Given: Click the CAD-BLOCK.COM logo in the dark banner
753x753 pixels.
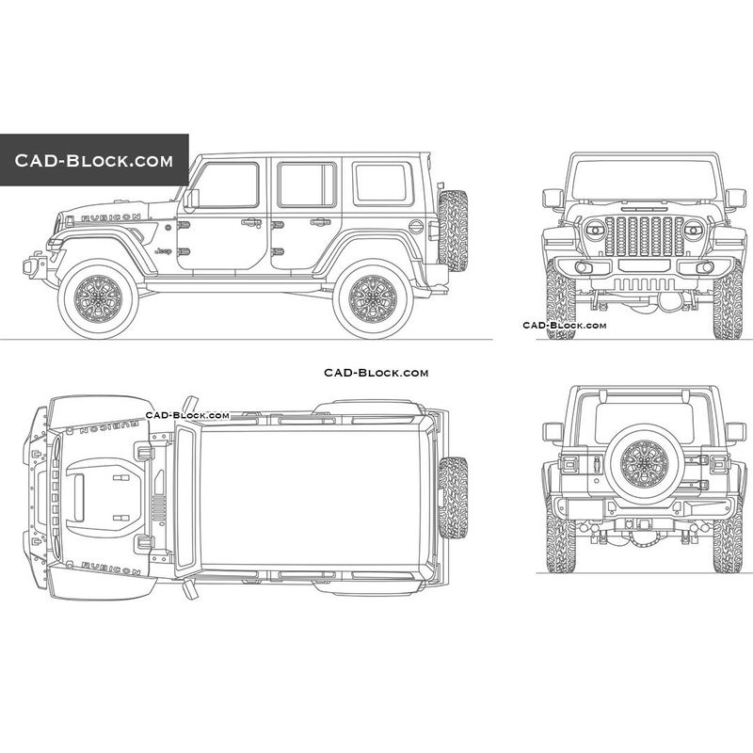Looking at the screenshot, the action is (93, 160).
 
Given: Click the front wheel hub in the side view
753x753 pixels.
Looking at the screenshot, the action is (98, 298).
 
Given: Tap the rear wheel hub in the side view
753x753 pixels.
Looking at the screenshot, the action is (373, 298).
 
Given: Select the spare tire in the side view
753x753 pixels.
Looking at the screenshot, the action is (453, 231).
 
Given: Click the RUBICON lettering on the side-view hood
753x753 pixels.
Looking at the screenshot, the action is (111, 218).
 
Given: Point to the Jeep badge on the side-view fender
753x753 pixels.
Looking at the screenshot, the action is (164, 250).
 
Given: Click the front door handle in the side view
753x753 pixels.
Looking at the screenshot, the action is (251, 222).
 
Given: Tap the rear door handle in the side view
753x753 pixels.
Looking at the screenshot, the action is (320, 222).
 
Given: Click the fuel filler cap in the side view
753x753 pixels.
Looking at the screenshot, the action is (416, 227).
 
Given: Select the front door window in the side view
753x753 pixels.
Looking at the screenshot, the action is (226, 185).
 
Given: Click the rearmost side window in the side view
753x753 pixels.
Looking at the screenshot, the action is (383, 184).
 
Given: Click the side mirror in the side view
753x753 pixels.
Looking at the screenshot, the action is (191, 199).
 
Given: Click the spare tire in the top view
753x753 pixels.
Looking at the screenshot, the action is (453, 498).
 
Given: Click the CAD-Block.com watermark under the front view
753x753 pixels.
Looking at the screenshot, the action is (564, 326).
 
